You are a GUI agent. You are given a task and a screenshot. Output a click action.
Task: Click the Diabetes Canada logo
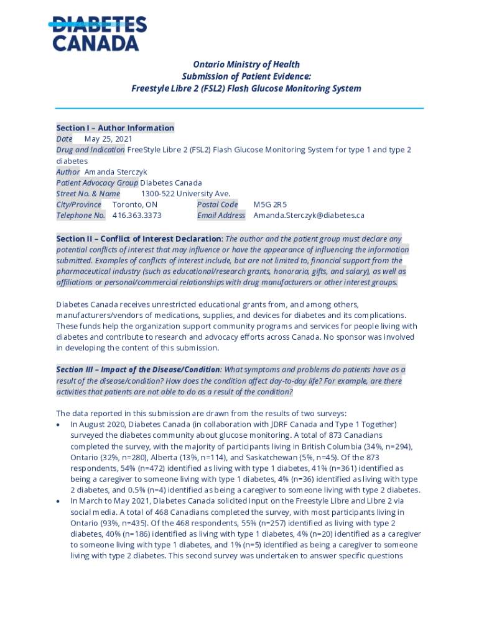[x=99, y=34]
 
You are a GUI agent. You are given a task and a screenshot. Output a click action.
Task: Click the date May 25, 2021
[x=108, y=139]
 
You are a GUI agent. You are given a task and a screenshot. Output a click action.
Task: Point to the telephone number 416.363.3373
[x=137, y=216]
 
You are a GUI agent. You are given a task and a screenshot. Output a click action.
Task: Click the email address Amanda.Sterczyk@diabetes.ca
[x=309, y=216]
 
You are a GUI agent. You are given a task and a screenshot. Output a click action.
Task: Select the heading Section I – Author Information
[x=115, y=128]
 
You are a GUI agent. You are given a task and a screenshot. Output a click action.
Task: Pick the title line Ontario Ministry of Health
[x=246, y=65]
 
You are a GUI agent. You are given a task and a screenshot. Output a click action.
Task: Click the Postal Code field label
[x=217, y=204]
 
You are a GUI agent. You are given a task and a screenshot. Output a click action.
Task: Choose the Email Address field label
[x=221, y=216]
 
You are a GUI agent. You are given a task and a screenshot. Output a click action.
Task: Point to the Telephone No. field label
[x=81, y=216]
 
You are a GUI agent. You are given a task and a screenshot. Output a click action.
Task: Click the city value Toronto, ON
[x=135, y=204]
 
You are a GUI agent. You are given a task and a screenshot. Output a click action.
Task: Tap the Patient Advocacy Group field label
[x=97, y=183]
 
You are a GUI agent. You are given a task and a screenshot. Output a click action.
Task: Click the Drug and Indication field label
[x=90, y=150]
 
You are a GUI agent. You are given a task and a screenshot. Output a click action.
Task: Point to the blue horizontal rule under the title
[x=240, y=109]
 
